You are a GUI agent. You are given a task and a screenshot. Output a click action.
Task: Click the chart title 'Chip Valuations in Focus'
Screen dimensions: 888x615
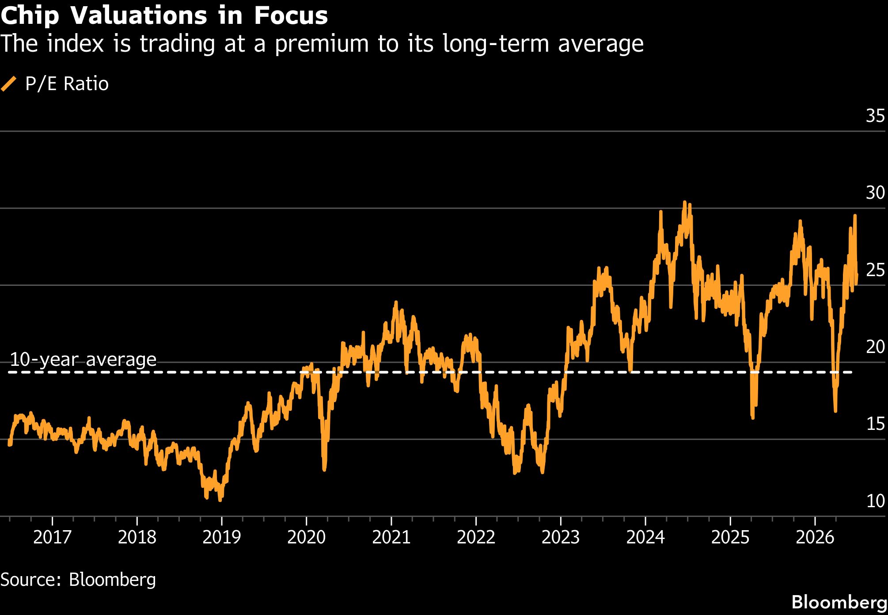tap(164, 15)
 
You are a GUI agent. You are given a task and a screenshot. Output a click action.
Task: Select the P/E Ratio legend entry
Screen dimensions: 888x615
tap(55, 84)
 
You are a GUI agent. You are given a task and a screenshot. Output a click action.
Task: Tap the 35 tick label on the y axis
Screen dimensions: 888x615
tap(875, 116)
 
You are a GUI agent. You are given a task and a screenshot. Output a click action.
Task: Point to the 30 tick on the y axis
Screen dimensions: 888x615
tap(875, 193)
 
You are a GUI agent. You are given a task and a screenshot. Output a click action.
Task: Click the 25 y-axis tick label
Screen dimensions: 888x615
tap(875, 270)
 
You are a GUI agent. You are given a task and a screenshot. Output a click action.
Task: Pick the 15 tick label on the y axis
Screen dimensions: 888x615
tap(875, 424)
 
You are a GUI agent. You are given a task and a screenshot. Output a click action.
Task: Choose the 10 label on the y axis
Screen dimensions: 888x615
tap(875, 501)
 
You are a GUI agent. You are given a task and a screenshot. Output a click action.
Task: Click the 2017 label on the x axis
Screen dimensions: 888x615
tap(52, 537)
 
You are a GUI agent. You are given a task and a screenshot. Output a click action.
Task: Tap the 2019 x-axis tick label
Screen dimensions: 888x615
tap(221, 537)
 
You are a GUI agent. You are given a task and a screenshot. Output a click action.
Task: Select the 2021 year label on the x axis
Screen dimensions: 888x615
tap(391, 537)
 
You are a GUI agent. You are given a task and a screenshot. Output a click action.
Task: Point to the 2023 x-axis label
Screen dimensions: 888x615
tap(561, 537)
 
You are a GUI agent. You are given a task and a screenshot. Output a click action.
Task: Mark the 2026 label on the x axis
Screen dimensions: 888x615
tap(815, 537)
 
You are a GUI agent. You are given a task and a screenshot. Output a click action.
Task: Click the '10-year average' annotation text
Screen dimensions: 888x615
tap(83, 359)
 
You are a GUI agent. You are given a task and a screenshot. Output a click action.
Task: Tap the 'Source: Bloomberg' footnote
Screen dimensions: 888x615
tap(78, 580)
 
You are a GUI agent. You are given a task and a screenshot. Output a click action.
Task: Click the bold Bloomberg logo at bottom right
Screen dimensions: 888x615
tap(839, 602)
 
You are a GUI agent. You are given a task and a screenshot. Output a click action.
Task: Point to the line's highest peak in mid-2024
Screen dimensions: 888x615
tap(684, 203)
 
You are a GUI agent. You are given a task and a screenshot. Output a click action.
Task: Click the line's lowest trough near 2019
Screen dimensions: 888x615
tap(220, 500)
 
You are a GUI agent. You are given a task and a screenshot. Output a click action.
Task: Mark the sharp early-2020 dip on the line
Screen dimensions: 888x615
tap(324, 469)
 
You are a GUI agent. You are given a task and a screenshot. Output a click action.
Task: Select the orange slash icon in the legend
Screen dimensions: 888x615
tap(9, 84)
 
